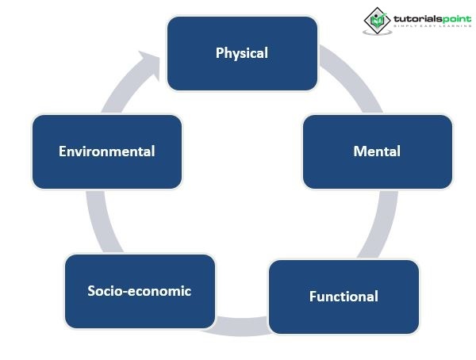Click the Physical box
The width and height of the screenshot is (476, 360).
[242, 53]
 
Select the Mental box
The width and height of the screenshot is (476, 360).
[377, 151]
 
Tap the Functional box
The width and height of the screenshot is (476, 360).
[344, 297]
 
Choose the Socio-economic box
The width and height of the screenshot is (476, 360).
[140, 291]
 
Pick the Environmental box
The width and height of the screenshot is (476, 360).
[106, 151]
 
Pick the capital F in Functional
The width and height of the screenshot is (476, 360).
[313, 297]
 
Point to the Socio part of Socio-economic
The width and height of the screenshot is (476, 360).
[103, 291]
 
